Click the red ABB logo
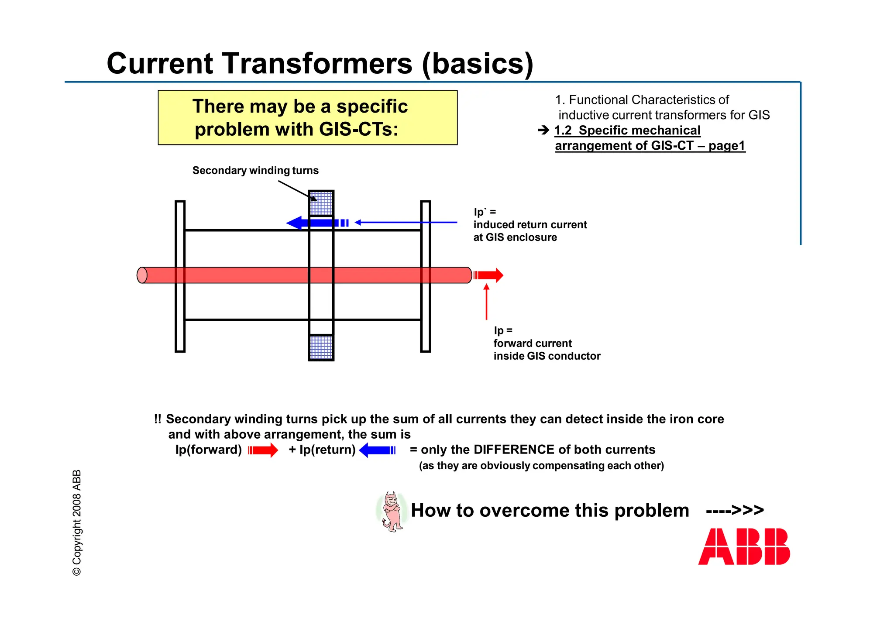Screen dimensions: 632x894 coord(744,546)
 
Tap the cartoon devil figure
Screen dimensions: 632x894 coord(392,512)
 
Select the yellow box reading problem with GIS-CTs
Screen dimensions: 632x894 coord(307,118)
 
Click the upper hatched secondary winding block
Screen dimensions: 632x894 coord(321,203)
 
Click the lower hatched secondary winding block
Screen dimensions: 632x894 coord(321,347)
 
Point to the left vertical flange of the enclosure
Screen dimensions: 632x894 coord(180,276)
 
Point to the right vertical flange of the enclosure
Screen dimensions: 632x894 coord(425,276)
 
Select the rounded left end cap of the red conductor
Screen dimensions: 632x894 coord(142,275)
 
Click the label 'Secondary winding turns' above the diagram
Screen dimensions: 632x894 coord(255,171)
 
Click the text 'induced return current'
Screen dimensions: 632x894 coord(530,225)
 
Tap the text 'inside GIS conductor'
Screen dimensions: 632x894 coord(547,356)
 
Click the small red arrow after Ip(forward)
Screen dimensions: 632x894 coord(263,450)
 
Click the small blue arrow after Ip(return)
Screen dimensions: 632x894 coord(377,450)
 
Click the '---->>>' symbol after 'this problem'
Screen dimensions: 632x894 coord(735,510)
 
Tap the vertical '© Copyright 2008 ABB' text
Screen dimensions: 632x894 coord(77,523)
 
